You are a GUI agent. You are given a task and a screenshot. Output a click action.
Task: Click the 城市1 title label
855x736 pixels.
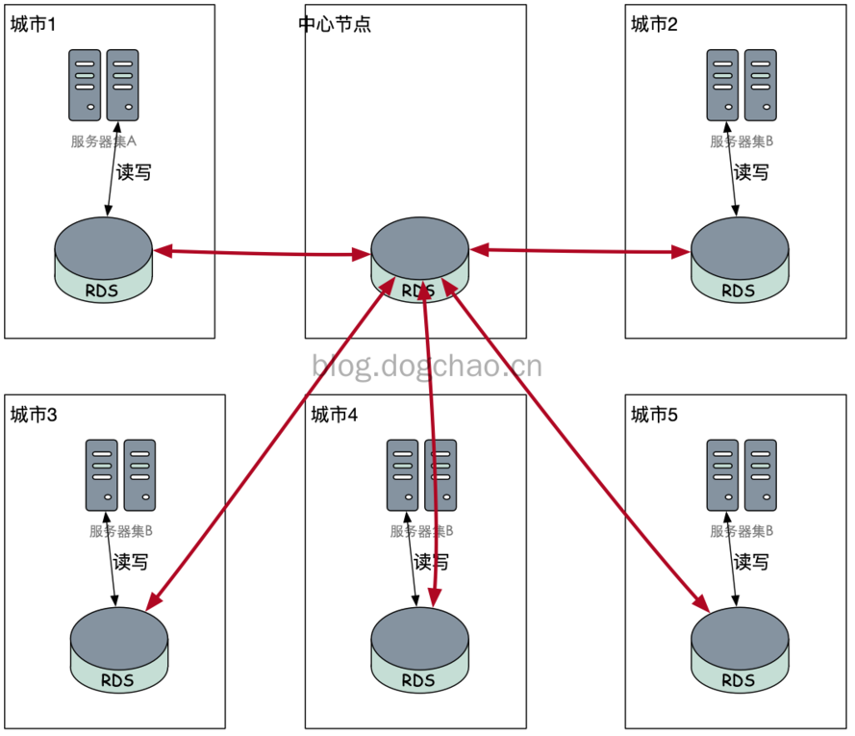(34, 24)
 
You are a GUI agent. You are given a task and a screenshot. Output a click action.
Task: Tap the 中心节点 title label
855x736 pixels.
(335, 24)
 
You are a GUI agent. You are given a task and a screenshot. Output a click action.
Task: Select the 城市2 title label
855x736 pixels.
(654, 24)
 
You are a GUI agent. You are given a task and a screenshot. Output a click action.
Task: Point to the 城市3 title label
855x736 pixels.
(34, 415)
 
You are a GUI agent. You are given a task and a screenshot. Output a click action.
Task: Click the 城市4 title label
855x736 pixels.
(335, 415)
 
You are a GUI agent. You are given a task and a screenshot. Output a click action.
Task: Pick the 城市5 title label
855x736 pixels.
(654, 415)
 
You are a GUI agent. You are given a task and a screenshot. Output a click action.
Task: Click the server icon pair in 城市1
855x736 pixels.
(104, 85)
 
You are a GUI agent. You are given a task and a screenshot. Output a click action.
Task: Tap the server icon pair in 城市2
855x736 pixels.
(742, 85)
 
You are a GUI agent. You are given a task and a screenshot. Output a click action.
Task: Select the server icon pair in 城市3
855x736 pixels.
(120, 475)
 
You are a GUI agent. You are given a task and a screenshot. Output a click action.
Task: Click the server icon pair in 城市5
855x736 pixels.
(742, 475)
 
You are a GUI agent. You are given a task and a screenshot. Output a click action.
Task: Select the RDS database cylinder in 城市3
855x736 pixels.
(119, 649)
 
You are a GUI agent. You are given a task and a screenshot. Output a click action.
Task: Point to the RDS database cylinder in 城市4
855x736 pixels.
(419, 649)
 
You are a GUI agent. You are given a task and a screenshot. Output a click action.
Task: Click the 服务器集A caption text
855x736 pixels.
(104, 141)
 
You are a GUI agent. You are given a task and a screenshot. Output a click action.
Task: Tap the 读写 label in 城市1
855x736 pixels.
(133, 173)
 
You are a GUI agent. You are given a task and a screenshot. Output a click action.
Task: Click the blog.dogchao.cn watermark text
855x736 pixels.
(427, 366)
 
